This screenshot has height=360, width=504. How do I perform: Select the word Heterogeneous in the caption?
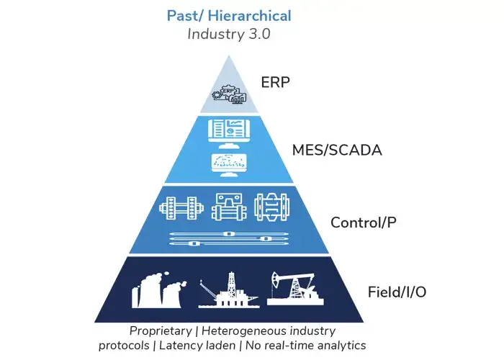pos(242,331)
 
